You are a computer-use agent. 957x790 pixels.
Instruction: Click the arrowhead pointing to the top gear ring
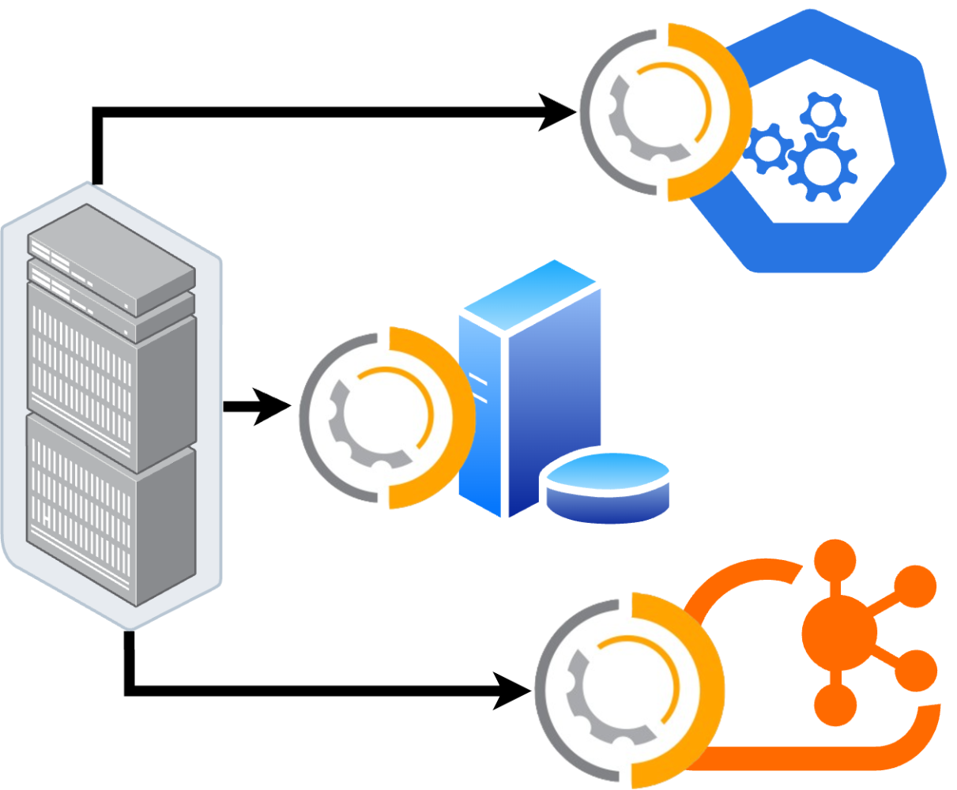click(557, 112)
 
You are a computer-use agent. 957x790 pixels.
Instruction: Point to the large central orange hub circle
click(839, 632)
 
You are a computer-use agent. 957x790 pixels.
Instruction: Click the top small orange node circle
click(836, 559)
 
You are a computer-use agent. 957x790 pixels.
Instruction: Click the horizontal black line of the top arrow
click(316, 112)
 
